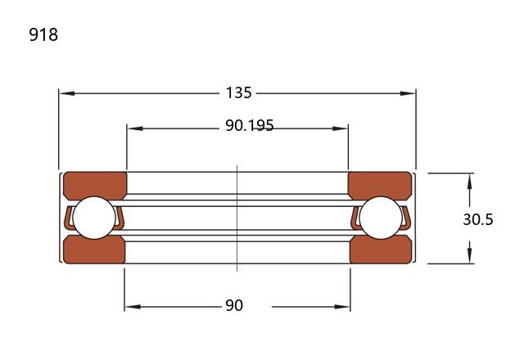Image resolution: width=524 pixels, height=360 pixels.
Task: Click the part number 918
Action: [43, 34]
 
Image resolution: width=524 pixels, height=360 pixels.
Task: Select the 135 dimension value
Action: [238, 92]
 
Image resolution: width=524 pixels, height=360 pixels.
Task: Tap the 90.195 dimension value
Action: [250, 125]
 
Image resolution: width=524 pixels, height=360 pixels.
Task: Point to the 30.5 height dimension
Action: [478, 219]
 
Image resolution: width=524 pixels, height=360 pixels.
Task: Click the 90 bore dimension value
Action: [234, 305]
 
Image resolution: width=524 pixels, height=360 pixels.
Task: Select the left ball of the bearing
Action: [94, 218]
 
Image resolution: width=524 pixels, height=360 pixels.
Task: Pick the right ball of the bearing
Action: [381, 218]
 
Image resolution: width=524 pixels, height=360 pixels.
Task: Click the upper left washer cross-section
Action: [95, 185]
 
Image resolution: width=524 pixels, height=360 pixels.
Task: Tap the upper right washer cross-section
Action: [380, 185]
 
